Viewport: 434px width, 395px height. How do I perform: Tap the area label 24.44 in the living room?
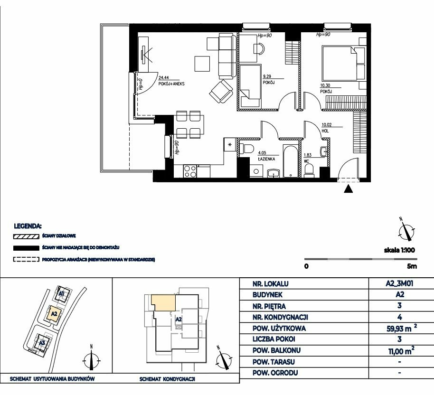[x=163, y=78]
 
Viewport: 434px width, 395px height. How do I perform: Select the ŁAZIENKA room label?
[x=266, y=159]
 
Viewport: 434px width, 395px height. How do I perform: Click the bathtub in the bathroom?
[x=290, y=160]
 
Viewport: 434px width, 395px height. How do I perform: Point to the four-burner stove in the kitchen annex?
[x=190, y=171]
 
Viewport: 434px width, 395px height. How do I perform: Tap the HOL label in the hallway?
[x=325, y=131]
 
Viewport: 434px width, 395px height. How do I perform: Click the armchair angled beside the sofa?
[x=221, y=91]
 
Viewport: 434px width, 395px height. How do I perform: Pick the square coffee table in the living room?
[x=202, y=64]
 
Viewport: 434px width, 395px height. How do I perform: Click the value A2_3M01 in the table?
[x=399, y=283]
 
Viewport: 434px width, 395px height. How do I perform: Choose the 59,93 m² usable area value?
[x=402, y=328]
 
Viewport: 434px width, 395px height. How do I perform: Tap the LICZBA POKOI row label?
[x=274, y=339]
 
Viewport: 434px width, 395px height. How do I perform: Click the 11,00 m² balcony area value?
[x=401, y=351]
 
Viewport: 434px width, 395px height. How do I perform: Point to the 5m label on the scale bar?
[x=412, y=266]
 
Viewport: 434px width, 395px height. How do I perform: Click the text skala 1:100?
[x=399, y=250]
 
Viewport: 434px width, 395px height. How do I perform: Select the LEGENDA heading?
[x=28, y=226]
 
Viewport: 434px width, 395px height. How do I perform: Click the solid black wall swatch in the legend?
[x=26, y=248]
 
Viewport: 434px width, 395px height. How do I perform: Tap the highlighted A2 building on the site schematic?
[x=54, y=314]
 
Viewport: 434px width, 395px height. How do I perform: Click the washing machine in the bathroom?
[x=256, y=171]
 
